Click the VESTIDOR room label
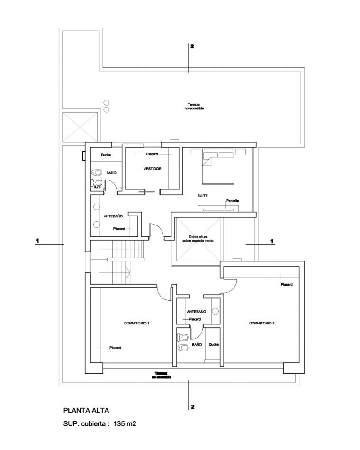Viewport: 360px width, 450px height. pyautogui.click(x=153, y=169)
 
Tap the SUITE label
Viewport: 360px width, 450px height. pyautogui.click(x=203, y=195)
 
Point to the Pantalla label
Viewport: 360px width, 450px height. pyautogui.click(x=233, y=201)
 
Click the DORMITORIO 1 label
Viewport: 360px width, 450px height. pyautogui.click(x=136, y=324)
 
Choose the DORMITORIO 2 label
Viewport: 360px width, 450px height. pyautogui.click(x=262, y=324)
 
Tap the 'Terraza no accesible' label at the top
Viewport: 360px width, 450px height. pyautogui.click(x=194, y=106)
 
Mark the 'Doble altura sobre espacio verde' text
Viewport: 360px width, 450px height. pyautogui.click(x=198, y=239)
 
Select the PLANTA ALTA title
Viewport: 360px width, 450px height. pyautogui.click(x=89, y=410)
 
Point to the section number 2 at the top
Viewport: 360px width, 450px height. pyautogui.click(x=192, y=46)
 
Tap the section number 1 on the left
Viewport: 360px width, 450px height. pyautogui.click(x=37, y=241)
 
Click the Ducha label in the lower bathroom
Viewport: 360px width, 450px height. pyautogui.click(x=214, y=344)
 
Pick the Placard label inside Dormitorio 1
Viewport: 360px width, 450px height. pyautogui.click(x=115, y=348)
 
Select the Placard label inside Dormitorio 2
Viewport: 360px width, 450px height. pyautogui.click(x=286, y=285)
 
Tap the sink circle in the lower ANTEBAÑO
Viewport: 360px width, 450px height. pyautogui.click(x=215, y=311)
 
